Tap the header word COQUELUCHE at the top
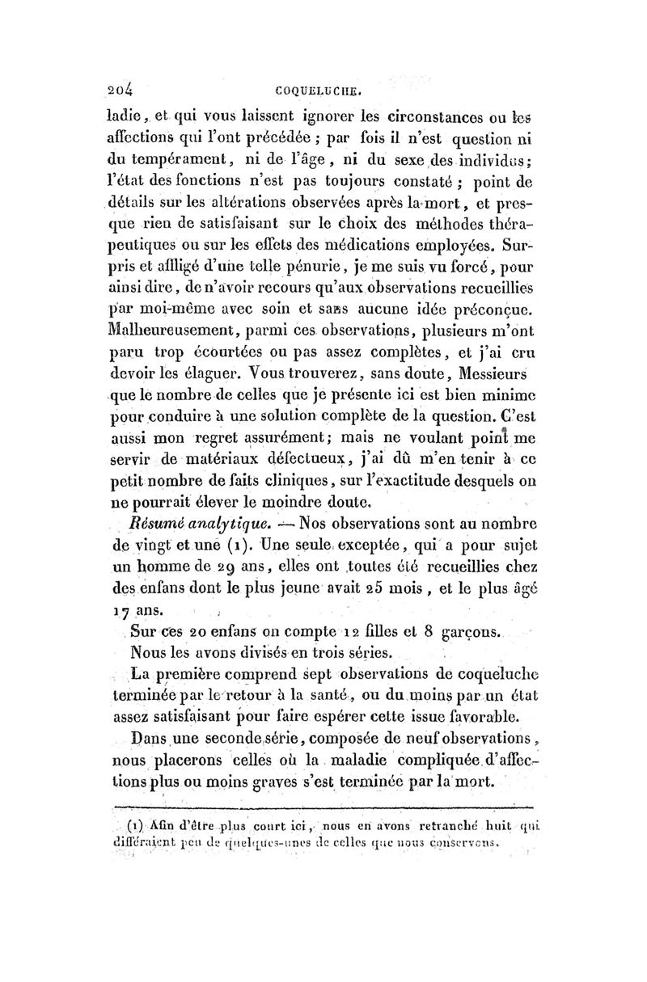click(323, 91)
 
